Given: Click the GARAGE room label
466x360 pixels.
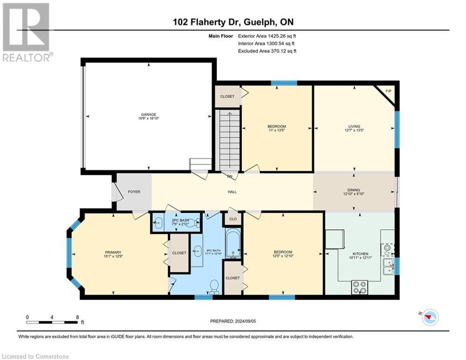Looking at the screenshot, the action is (x=148, y=114).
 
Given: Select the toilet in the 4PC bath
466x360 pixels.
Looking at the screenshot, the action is (x=214, y=287).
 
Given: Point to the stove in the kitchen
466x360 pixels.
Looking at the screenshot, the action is (x=360, y=287).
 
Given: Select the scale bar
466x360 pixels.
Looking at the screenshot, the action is (x=52, y=322).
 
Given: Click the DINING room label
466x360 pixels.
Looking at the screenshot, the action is (x=354, y=190).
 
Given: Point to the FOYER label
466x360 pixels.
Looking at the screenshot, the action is (x=134, y=192).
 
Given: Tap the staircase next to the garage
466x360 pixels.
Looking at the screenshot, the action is (x=229, y=140).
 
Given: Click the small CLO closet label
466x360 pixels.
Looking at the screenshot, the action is (x=233, y=219).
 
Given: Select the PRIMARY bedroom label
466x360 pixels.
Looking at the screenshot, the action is (x=113, y=252).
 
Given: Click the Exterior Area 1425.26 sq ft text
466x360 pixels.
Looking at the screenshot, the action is (x=267, y=36).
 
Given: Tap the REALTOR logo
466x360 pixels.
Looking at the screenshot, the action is (x=27, y=33).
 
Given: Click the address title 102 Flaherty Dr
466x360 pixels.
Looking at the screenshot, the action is (x=207, y=22).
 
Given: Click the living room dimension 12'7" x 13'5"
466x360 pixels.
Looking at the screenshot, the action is (x=354, y=130).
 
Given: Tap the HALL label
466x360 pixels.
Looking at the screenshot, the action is (x=232, y=192).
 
